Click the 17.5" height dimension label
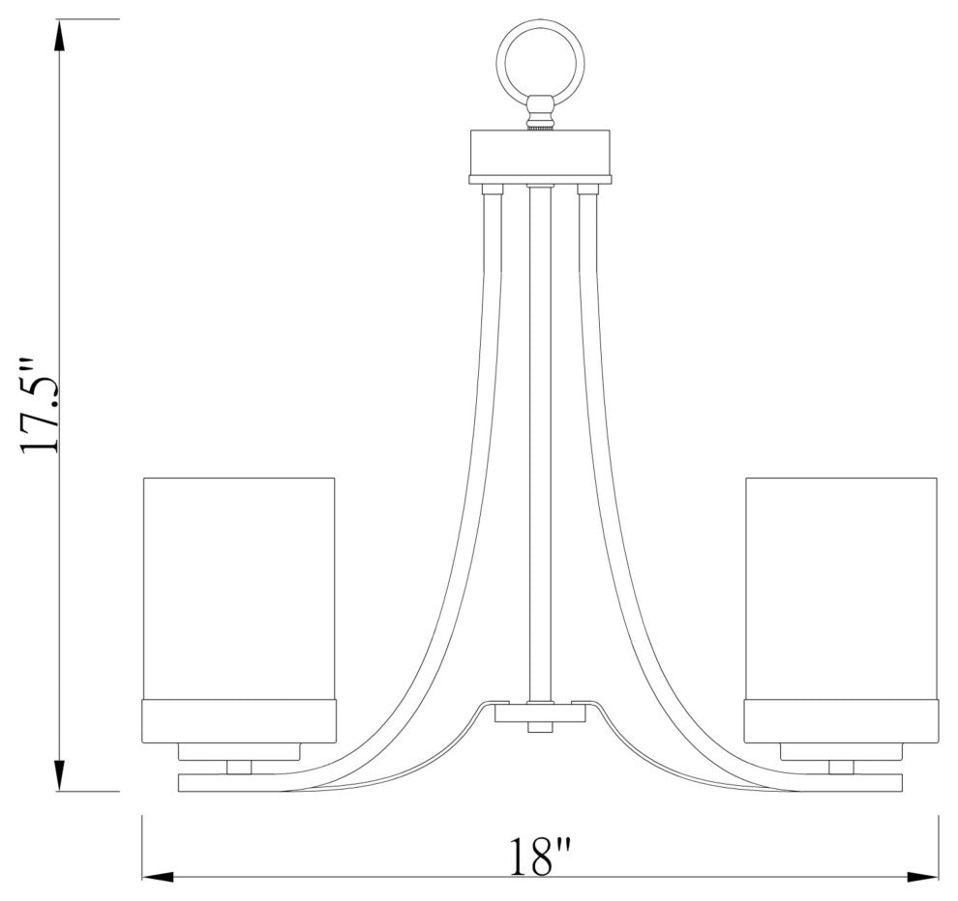pyautogui.click(x=44, y=406)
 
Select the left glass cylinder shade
pyautogui.click(x=238, y=587)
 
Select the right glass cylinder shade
pyautogui.click(x=841, y=587)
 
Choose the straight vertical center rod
pyautogui.click(x=540, y=435)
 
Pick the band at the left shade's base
pyautogui.click(x=238, y=720)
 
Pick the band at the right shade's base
pyautogui.click(x=841, y=720)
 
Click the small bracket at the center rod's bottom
pyautogui.click(x=540, y=712)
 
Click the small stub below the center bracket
pyautogui.click(x=540, y=727)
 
